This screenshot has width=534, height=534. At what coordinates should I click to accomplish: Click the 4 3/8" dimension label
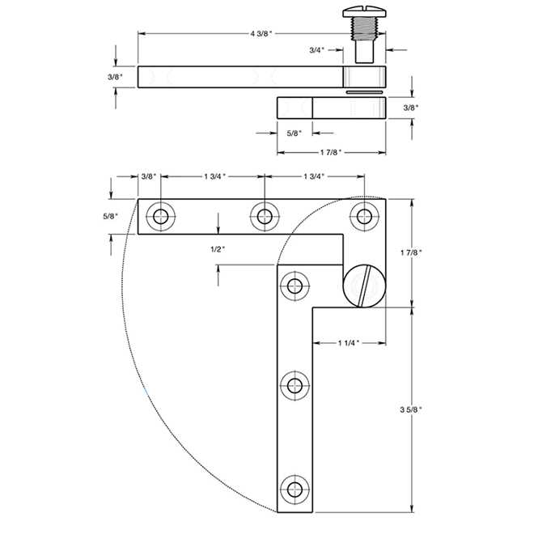pyautogui.click(x=261, y=33)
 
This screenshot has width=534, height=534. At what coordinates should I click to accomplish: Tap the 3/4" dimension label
pyautogui.click(x=316, y=50)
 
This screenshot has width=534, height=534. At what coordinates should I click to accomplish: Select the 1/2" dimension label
pyautogui.click(x=218, y=249)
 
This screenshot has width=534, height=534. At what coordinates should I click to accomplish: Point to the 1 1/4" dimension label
pyautogui.click(x=349, y=342)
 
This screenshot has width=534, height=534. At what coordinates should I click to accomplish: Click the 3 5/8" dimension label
pyautogui.click(x=411, y=409)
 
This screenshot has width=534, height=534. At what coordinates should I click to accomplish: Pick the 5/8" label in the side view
pyautogui.click(x=295, y=133)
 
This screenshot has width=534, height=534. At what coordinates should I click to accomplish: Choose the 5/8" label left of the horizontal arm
pyautogui.click(x=111, y=216)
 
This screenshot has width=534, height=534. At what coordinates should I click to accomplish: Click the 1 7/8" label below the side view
pyautogui.click(x=331, y=152)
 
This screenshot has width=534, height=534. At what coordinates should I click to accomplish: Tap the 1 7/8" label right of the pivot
pyautogui.click(x=411, y=252)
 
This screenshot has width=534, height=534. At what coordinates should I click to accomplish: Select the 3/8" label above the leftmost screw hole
pyautogui.click(x=149, y=176)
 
